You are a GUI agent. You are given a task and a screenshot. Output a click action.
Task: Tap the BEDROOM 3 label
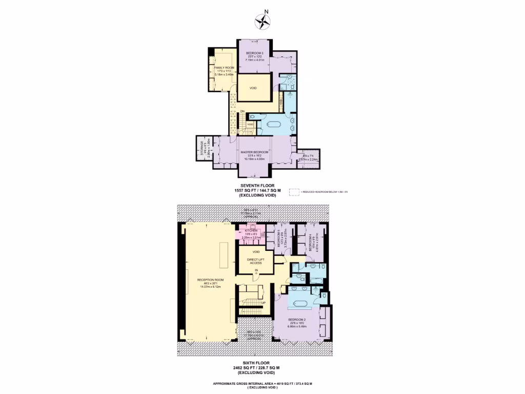pyautogui.click(x=254, y=53)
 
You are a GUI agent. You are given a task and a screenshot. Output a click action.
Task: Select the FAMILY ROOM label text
pyautogui.click(x=224, y=68)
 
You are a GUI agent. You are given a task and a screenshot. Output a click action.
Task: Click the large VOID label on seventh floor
pyautogui.click(x=253, y=88)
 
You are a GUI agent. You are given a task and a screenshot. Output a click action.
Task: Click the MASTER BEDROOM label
pyautogui.click(x=255, y=152)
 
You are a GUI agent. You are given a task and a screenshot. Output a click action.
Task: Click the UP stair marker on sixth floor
pyautogui.click(x=263, y=303)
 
